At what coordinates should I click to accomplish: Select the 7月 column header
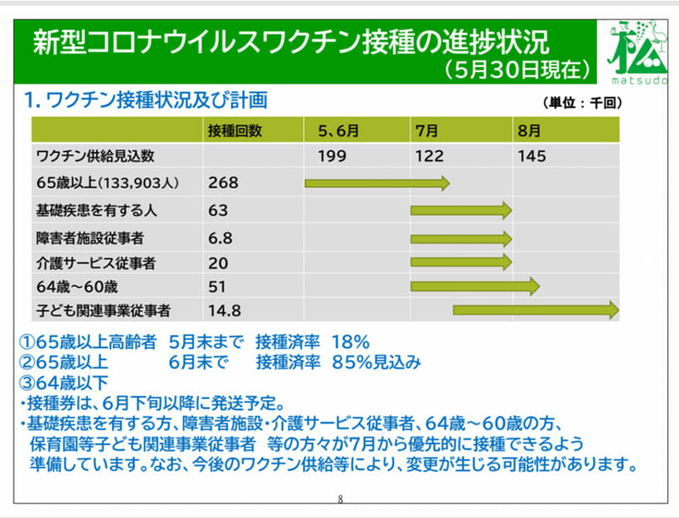coord(427,131)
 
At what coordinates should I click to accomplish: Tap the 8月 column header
coord(527,131)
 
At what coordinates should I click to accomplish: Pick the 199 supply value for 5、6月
coord(333,156)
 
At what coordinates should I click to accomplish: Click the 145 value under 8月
coord(530,156)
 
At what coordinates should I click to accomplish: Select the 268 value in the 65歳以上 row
coord(223,183)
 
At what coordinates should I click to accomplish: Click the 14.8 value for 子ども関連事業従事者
coord(224,311)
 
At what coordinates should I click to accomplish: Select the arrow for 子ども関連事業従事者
coord(536,311)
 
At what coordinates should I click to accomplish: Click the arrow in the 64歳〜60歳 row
coord(475,286)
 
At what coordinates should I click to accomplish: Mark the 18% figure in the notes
coord(351,342)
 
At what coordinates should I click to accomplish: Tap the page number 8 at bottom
coord(339,499)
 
